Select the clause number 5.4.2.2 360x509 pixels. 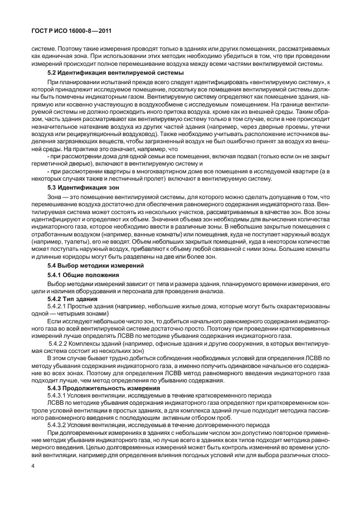(60, 346)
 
